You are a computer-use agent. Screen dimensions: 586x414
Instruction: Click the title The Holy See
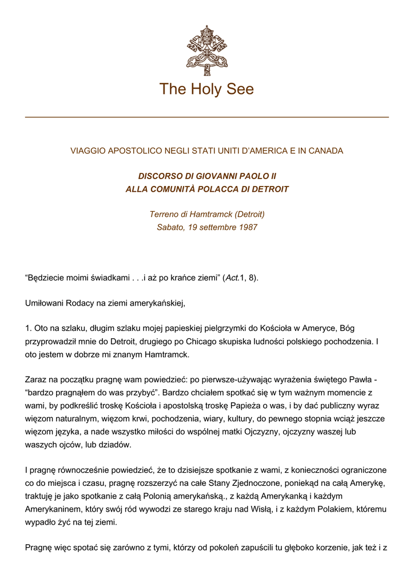[206, 89]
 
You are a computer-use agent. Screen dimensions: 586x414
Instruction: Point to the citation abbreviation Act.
[232, 278]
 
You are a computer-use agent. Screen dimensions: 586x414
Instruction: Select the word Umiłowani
[46, 303]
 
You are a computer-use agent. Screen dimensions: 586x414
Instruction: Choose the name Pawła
[357, 379]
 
